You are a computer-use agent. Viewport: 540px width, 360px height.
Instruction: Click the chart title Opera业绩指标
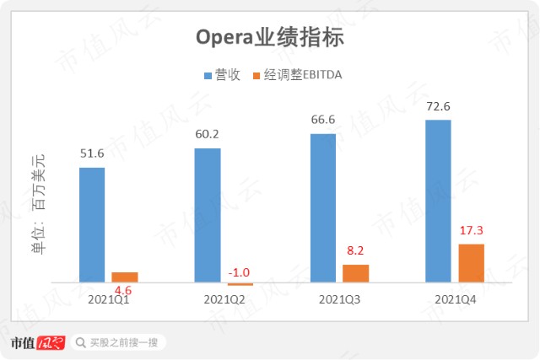[x=270, y=37]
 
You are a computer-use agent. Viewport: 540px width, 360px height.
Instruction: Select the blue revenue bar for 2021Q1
[x=92, y=225]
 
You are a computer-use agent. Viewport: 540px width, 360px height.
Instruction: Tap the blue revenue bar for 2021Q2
[x=208, y=216]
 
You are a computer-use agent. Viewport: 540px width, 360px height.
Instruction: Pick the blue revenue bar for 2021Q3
[x=323, y=208]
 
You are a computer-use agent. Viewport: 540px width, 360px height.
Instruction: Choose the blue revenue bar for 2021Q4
[x=438, y=201]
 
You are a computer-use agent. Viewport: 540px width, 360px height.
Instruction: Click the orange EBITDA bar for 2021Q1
[x=125, y=277]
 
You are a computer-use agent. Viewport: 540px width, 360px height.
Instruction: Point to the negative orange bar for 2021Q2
[x=240, y=284]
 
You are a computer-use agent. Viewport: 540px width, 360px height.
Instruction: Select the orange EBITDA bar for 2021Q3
[x=356, y=274]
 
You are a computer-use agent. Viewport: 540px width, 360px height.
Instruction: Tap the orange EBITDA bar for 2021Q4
[x=471, y=263]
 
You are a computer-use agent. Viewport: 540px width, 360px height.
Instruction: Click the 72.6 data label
[x=438, y=106]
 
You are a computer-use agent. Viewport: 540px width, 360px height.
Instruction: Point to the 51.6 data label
[x=92, y=153]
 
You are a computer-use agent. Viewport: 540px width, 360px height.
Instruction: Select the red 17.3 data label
[x=471, y=230]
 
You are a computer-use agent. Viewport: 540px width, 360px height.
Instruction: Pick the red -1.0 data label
[x=239, y=272]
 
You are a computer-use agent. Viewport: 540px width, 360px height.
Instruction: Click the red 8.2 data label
[x=355, y=250]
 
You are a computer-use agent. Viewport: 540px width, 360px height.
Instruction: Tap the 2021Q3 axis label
[x=339, y=300]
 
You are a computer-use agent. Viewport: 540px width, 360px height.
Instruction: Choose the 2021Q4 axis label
[x=456, y=300]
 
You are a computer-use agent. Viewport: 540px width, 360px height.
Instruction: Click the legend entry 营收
[x=222, y=75]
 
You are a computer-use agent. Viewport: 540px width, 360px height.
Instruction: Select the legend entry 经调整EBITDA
[x=298, y=75]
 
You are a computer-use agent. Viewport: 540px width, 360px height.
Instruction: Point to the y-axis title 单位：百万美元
[x=38, y=204]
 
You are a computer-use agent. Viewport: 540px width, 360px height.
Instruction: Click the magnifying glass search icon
[x=81, y=342]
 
